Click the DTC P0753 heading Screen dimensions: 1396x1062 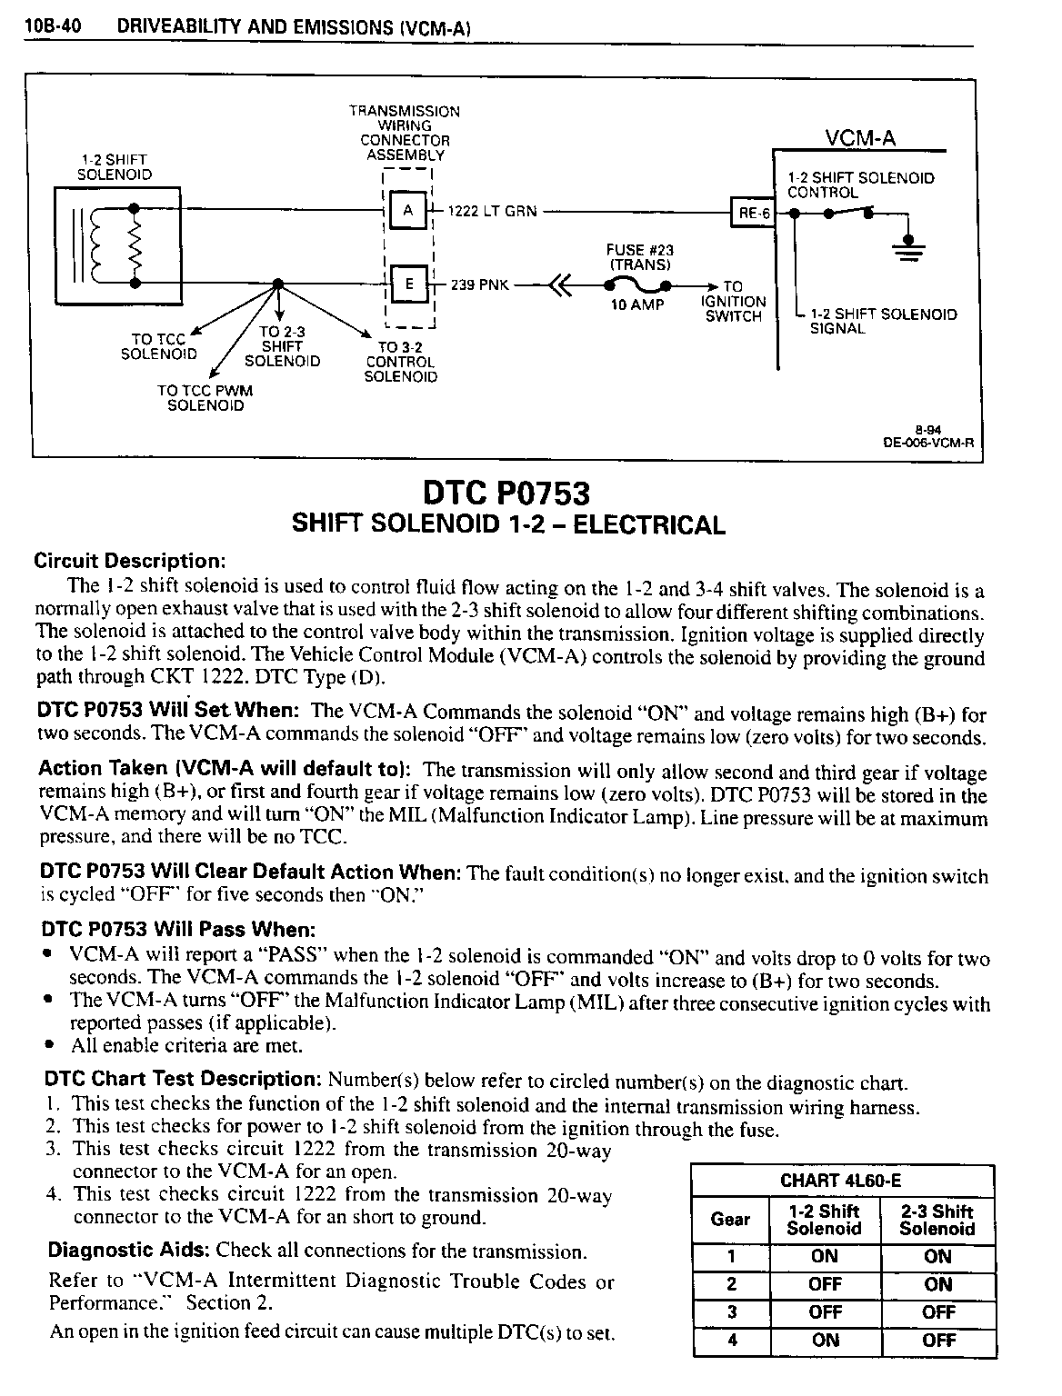point(506,494)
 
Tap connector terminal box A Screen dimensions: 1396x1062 point(407,211)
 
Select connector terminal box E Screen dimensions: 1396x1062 point(407,284)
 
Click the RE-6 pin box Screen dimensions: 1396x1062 point(753,214)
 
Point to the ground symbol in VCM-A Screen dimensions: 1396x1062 point(905,245)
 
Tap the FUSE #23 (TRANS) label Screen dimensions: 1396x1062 point(640,257)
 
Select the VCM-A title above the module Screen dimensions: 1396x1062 point(859,137)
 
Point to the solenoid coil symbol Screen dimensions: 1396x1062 point(114,245)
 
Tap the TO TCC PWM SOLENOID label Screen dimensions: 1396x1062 point(205,398)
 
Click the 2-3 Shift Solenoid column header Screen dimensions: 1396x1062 point(937,1220)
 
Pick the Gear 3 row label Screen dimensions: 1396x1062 point(730,1311)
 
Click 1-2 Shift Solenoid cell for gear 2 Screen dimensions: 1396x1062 point(824,1284)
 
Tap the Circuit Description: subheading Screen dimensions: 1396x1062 point(129,560)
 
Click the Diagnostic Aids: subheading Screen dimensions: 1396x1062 point(128,1251)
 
